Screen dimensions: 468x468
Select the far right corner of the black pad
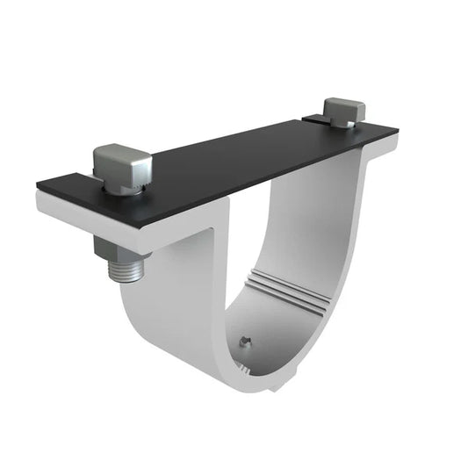(x=398, y=132)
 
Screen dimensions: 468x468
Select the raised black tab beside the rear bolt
(x=316, y=118)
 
